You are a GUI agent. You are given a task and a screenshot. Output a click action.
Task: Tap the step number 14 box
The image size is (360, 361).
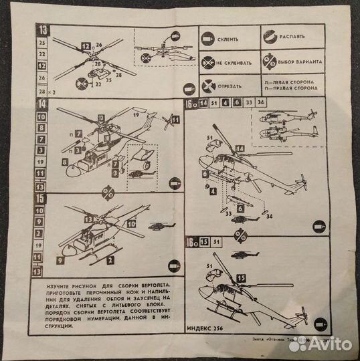(x=42, y=104)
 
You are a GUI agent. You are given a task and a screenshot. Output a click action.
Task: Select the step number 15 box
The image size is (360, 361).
(x=42, y=198)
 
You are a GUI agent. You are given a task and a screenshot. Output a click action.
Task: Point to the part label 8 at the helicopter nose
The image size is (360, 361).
(x=65, y=161)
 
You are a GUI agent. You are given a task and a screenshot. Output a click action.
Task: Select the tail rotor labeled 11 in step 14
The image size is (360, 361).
(x=172, y=121)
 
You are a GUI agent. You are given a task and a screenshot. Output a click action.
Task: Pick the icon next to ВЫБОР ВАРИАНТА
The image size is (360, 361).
(x=272, y=61)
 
